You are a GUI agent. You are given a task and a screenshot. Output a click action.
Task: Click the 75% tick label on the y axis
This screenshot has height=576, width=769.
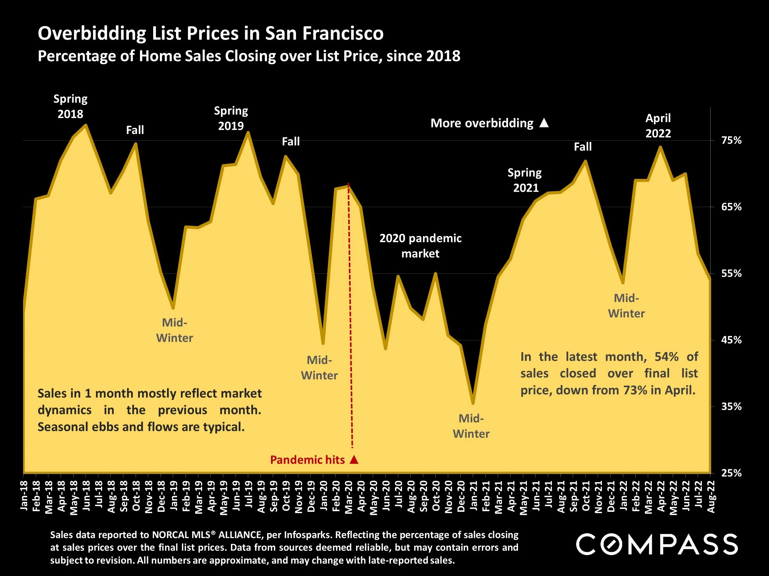coord(731,140)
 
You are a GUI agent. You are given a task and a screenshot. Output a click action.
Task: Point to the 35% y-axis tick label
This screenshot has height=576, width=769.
coord(731,406)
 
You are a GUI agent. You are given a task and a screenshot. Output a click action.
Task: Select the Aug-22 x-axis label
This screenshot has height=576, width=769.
coord(711,496)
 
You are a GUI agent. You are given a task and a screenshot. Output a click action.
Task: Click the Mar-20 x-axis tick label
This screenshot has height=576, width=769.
coord(349,496)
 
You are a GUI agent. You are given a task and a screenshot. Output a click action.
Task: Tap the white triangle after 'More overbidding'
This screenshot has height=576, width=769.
coord(544,123)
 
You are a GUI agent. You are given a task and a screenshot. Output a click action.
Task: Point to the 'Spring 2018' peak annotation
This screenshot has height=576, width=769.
coord(70,106)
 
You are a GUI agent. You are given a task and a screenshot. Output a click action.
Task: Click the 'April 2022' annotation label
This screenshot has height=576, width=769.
coord(658,125)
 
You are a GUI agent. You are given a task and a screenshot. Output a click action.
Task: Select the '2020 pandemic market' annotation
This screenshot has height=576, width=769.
coord(420,246)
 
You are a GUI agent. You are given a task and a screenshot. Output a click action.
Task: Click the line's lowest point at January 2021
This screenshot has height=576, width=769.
coord(473,403)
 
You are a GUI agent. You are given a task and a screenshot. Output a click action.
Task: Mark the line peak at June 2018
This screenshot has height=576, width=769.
coord(86,125)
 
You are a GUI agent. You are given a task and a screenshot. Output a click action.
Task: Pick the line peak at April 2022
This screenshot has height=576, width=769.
coord(660,147)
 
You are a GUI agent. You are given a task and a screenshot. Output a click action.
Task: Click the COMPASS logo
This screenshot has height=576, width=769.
coord(657,544)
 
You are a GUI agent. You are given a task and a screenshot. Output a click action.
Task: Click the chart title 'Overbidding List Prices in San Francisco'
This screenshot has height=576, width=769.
coord(210,33)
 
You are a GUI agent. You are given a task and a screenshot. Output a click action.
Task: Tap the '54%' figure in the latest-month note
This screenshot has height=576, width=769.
coord(667,357)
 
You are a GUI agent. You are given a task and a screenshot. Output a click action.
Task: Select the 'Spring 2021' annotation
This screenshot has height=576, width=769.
coord(525,180)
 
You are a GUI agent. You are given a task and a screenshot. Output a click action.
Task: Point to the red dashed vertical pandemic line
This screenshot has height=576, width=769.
coord(350,312)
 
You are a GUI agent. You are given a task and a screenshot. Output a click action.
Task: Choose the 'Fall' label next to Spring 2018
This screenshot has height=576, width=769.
coord(135,130)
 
